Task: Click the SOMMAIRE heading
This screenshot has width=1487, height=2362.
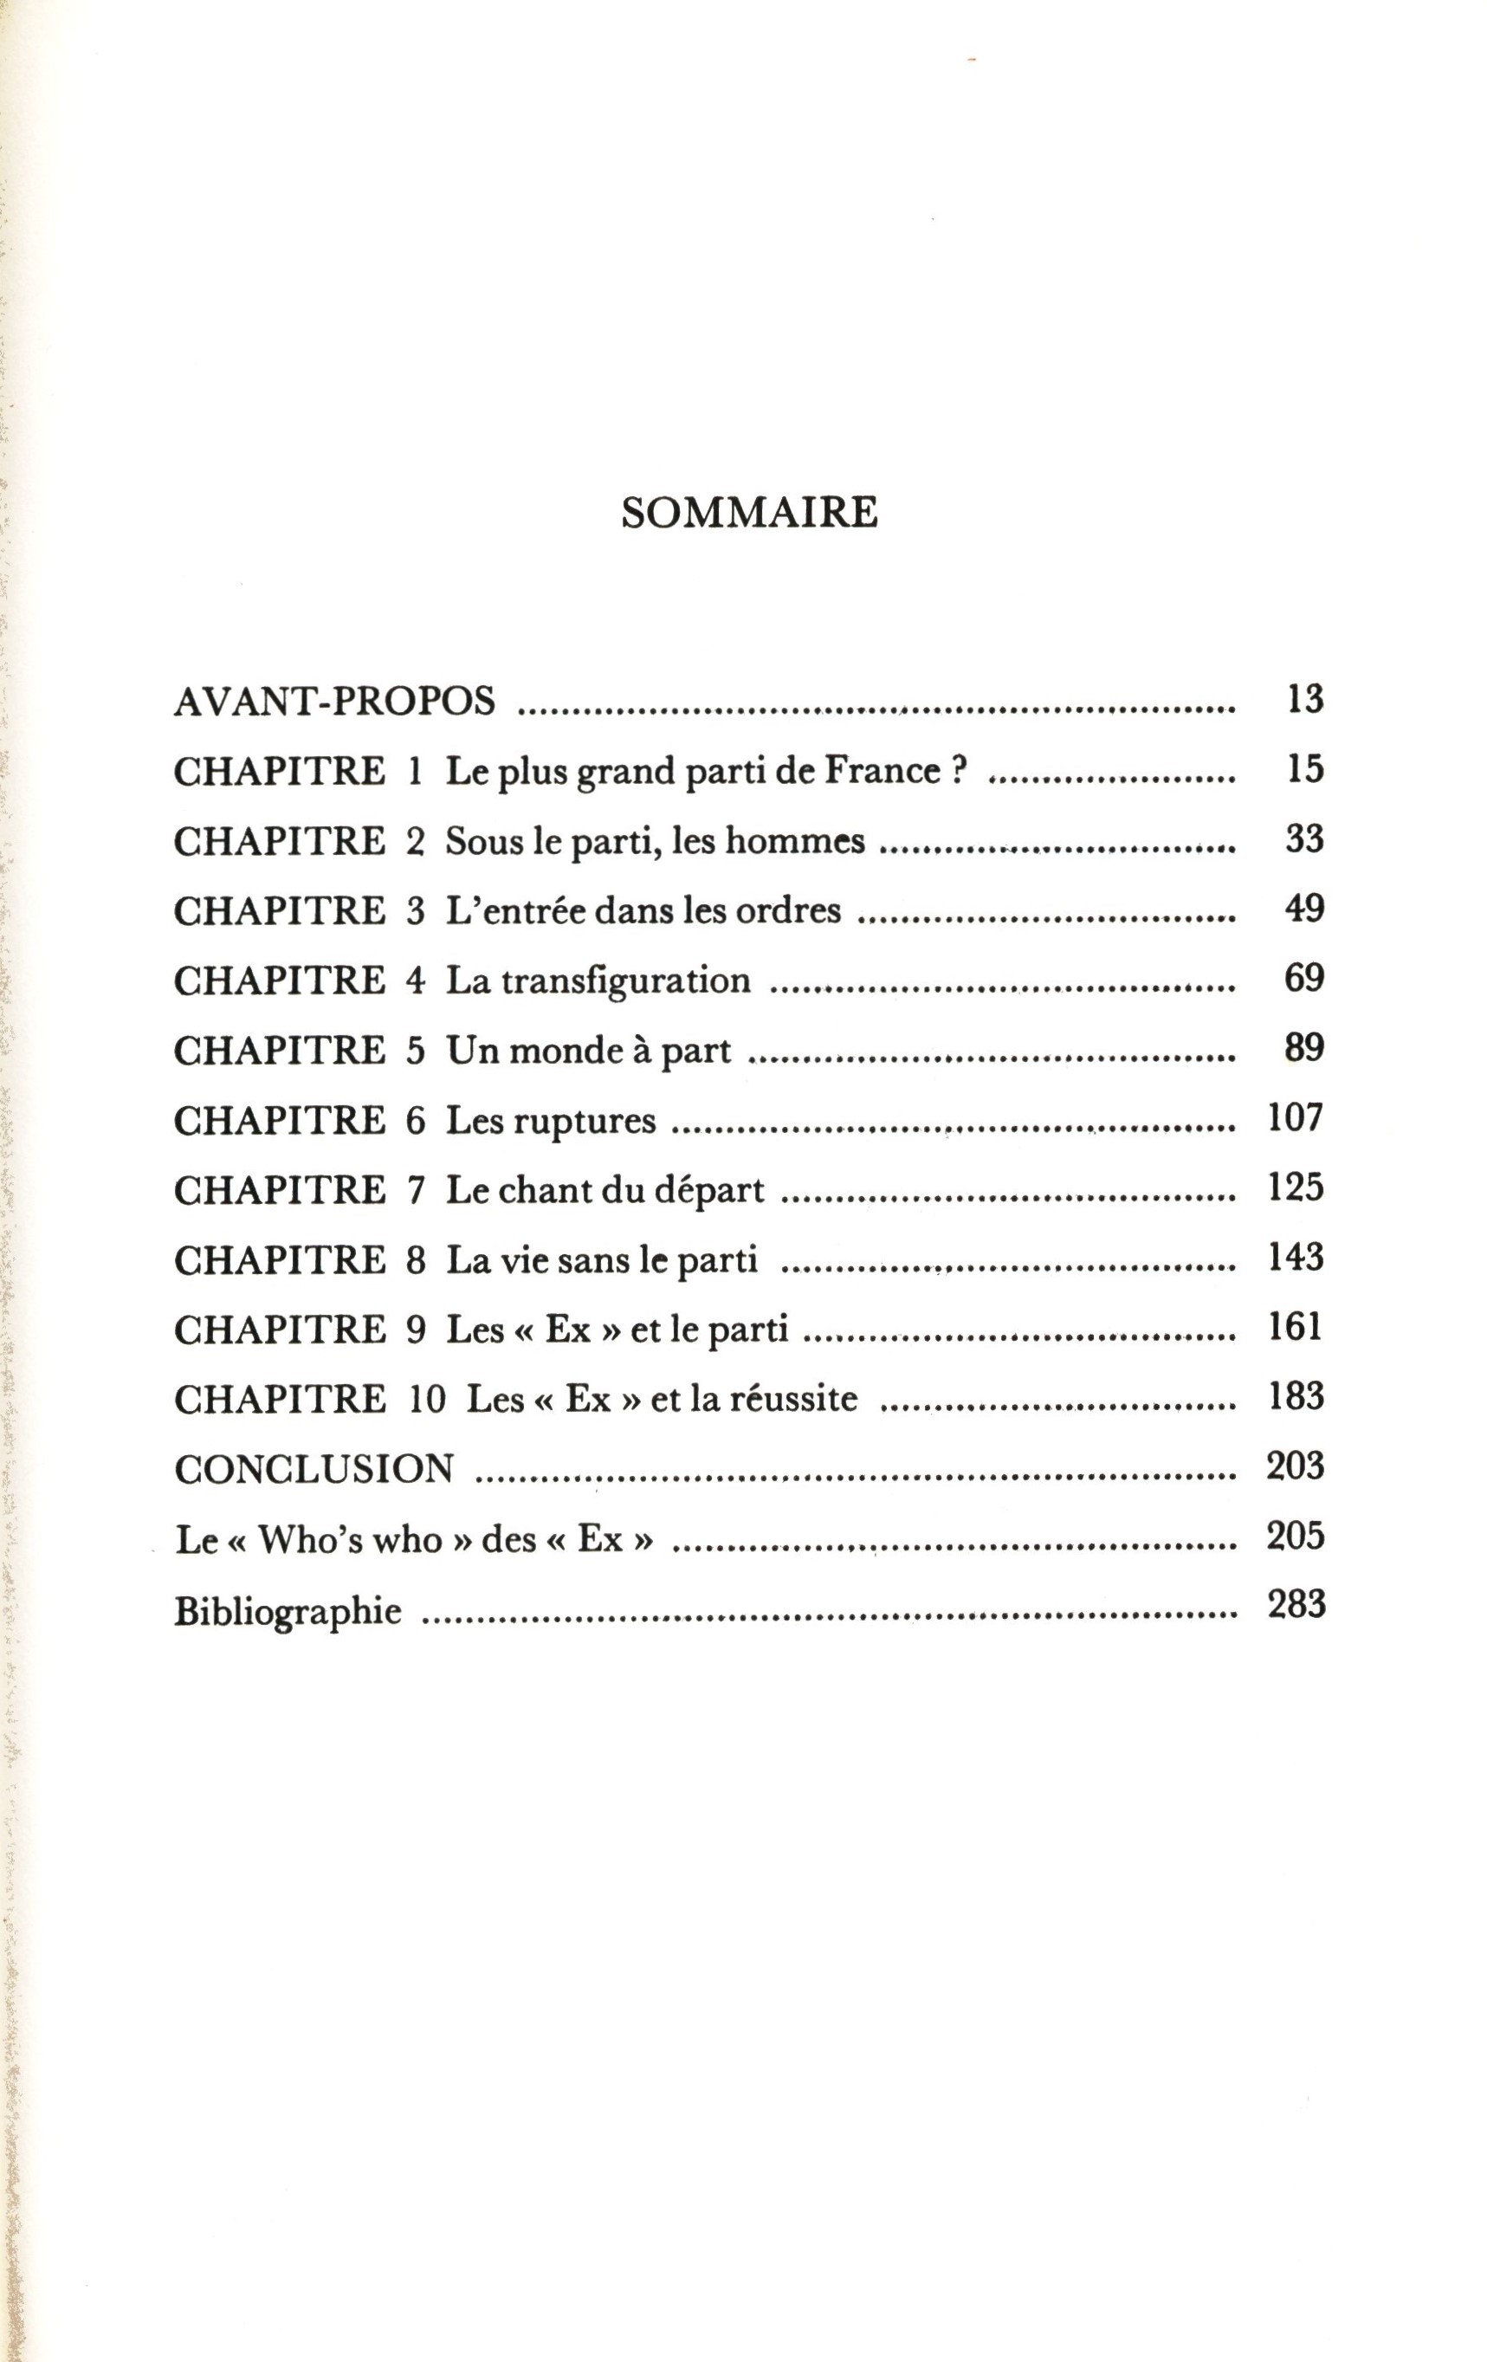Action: coord(749,512)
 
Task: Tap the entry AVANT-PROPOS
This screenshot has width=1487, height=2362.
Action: coord(334,702)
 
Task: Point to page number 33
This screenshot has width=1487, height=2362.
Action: coord(1304,838)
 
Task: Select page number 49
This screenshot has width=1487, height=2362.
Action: coord(1304,909)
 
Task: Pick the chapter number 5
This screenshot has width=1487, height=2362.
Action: coord(416,1051)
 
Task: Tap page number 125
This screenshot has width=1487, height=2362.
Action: coord(1296,1187)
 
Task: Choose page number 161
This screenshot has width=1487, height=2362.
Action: coord(1296,1327)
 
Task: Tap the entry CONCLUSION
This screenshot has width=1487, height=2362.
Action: coord(314,1468)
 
